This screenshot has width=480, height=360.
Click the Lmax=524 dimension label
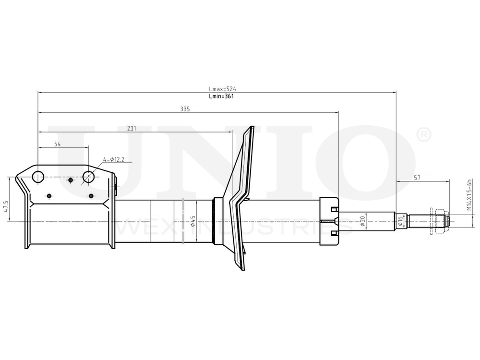(x=223, y=89)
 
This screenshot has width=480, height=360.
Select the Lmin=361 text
(x=222, y=96)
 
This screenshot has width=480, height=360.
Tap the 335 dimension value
(x=185, y=109)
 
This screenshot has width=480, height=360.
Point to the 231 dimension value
(x=132, y=129)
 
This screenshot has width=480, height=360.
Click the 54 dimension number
(x=57, y=144)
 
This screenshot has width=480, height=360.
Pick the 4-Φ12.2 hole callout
(x=113, y=160)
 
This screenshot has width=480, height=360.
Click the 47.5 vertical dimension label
(x=6, y=207)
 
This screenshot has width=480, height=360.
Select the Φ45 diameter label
(x=192, y=221)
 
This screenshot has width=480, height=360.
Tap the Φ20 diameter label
(x=362, y=221)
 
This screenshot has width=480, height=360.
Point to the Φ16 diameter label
(x=400, y=221)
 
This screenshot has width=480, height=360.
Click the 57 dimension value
(x=417, y=178)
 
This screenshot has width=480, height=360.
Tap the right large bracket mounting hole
(x=89, y=177)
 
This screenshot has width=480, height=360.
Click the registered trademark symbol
(x=424, y=135)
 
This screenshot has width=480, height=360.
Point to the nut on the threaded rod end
(x=439, y=221)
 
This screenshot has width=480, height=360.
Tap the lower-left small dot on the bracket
(x=49, y=196)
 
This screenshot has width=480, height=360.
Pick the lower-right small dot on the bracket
(x=91, y=196)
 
